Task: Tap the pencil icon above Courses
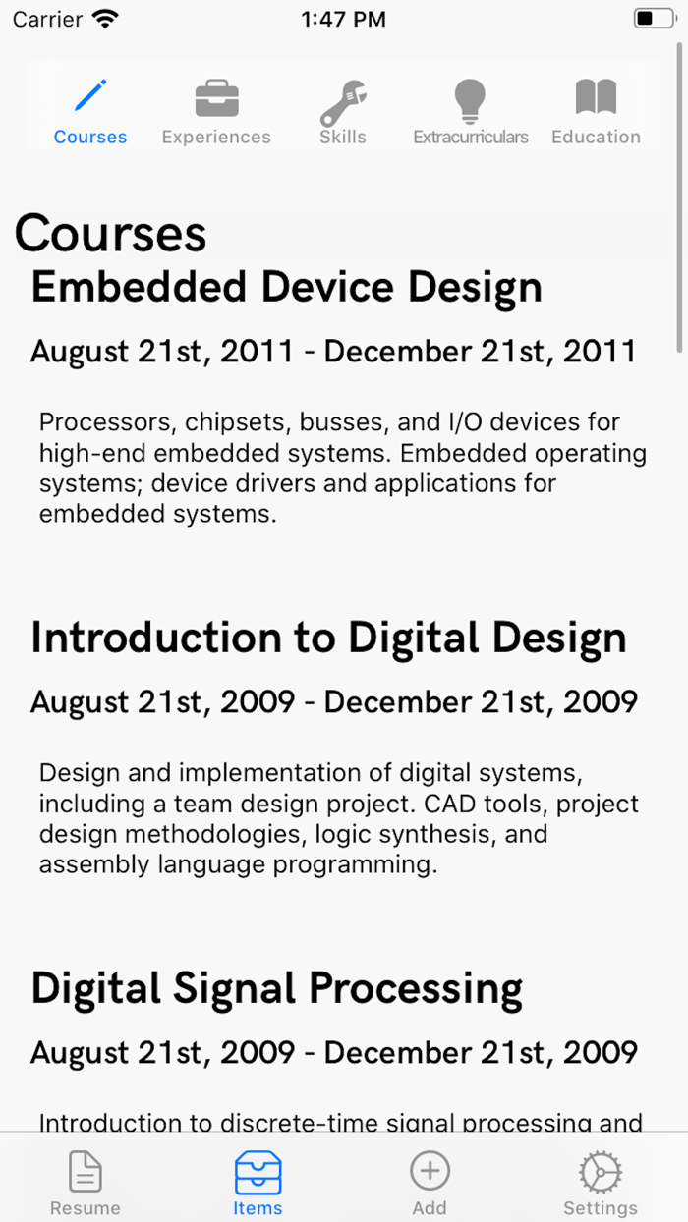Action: point(90,95)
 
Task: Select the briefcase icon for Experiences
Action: point(217,98)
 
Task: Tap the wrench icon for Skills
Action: point(343,103)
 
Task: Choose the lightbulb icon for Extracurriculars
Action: point(470,101)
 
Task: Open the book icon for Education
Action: point(596,96)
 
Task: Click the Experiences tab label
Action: point(216,137)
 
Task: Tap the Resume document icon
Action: point(86,1171)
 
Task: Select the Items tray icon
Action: point(258,1172)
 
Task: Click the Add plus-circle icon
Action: point(430,1171)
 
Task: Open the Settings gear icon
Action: point(601,1172)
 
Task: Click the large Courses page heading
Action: point(110,233)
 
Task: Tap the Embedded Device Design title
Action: point(287,288)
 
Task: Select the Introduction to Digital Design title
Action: point(328,638)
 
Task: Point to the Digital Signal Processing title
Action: point(277,988)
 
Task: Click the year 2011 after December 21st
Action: point(601,351)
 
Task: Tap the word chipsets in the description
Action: point(236,422)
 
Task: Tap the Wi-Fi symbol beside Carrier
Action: point(105,19)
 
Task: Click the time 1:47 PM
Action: point(343,19)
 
